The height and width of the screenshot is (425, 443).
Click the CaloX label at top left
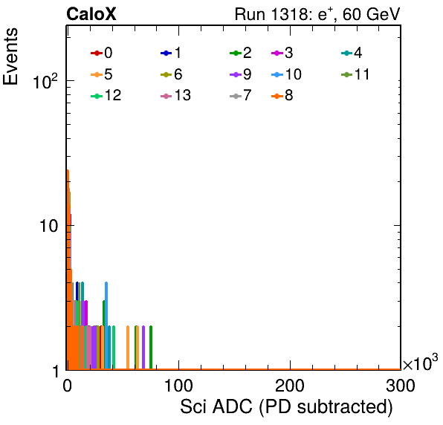coord(91,14)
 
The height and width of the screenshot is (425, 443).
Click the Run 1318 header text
coord(317,14)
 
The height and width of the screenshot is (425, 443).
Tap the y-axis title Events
coord(10,56)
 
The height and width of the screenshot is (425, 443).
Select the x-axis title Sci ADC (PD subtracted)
coord(286,407)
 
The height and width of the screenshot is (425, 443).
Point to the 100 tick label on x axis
coord(178,386)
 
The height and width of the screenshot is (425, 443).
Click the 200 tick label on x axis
coord(290,386)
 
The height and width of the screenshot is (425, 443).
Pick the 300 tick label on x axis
coord(401,386)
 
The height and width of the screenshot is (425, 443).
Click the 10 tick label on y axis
coord(49,226)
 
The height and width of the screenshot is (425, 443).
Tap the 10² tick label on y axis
coord(45,81)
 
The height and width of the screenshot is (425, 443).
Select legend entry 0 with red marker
coord(102,53)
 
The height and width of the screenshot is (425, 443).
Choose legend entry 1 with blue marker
coord(171,53)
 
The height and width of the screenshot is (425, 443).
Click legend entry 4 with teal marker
coord(352,53)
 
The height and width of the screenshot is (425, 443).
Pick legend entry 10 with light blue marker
coord(286,74)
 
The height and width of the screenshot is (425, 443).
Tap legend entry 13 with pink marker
coord(175,95)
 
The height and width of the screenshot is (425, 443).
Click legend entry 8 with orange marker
coord(282,95)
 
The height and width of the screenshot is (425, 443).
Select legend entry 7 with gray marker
coord(240,95)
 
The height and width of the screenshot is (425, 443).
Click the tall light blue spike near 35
coord(106,325)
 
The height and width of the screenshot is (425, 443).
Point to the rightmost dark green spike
coord(151,348)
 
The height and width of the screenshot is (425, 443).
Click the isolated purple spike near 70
coord(143,348)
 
